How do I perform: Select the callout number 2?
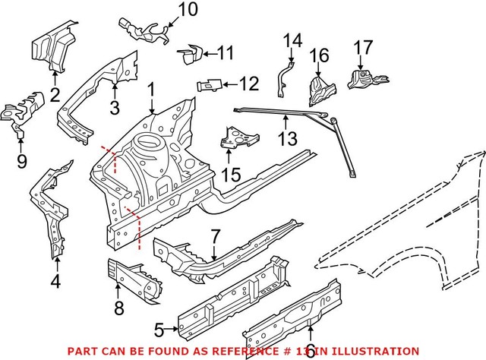point(55,94)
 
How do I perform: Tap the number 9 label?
point(21,160)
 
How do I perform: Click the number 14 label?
point(292,39)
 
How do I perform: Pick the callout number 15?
point(231,175)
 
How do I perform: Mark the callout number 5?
point(159,329)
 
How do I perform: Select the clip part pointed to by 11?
point(189,54)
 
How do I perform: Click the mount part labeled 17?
point(363,81)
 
